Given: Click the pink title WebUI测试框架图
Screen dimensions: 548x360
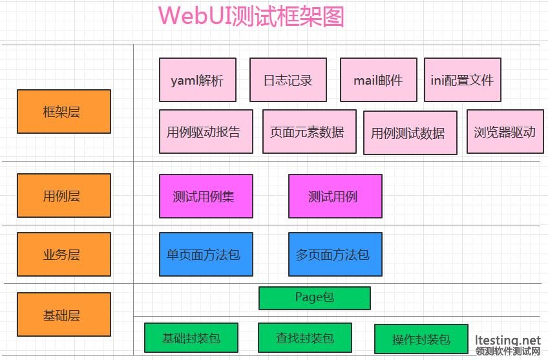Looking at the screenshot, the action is pyautogui.click(x=251, y=16).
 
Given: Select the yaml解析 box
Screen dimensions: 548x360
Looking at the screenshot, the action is pyautogui.click(x=198, y=80).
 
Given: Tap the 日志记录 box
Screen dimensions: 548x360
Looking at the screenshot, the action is pyautogui.click(x=288, y=80).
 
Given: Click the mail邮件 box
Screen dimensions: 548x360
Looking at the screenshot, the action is pyautogui.click(x=379, y=80).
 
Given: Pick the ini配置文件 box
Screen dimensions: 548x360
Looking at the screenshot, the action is pyautogui.click(x=463, y=80).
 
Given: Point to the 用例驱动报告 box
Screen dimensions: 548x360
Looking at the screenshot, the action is pyautogui.click(x=206, y=131).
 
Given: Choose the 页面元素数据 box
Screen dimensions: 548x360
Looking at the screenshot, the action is pyautogui.click(x=310, y=131).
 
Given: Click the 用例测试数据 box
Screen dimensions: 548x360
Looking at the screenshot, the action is pyautogui.click(x=410, y=132).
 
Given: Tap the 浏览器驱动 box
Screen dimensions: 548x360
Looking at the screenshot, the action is pyautogui.click(x=505, y=131).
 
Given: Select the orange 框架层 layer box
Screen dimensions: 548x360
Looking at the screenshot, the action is pyautogui.click(x=64, y=112).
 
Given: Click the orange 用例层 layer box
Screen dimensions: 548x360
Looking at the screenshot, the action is pyautogui.click(x=64, y=195).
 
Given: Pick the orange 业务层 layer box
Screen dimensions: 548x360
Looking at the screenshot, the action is pyautogui.click(x=64, y=254).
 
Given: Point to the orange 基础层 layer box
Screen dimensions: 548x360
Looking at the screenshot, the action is pyautogui.click(x=64, y=315).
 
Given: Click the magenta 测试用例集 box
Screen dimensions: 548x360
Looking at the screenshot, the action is pyautogui.click(x=206, y=196).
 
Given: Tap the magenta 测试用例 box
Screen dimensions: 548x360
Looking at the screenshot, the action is pyautogui.click(x=335, y=196).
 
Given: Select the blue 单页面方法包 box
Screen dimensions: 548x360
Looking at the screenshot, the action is pyautogui.click(x=206, y=254).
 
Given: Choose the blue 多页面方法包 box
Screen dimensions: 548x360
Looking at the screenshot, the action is pyautogui.click(x=335, y=254).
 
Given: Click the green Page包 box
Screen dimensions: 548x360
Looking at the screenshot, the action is pyautogui.click(x=315, y=298).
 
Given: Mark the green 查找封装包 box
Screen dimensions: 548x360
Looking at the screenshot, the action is pyautogui.click(x=305, y=337).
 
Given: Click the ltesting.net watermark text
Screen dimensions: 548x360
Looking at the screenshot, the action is pyautogui.click(x=507, y=340).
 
